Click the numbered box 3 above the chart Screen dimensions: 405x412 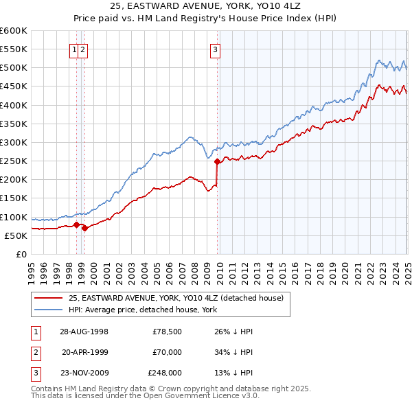pyautogui.click(x=215, y=49)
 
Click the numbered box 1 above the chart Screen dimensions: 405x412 pyautogui.click(x=74, y=49)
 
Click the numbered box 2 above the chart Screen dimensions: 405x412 pyautogui.click(x=82, y=49)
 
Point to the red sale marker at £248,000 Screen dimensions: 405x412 pyautogui.click(x=218, y=162)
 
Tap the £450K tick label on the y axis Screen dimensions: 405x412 pyautogui.click(x=14, y=86)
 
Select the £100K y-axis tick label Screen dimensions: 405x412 pyautogui.click(x=14, y=217)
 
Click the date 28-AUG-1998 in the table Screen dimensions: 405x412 pyautogui.click(x=84, y=332)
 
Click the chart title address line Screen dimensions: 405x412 pyautogui.click(x=206, y=6)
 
